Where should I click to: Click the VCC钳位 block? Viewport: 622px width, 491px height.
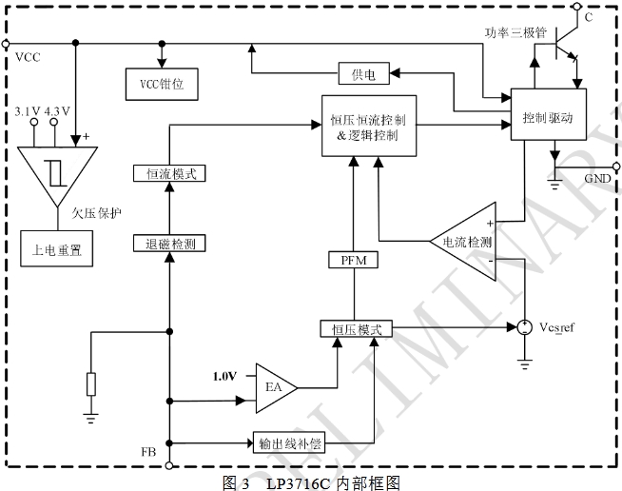pos(162,84)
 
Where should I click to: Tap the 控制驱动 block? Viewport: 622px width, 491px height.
pos(548,117)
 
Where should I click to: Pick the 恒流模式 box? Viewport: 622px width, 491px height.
pos(165,173)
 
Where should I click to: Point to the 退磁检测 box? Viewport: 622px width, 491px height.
pos(165,243)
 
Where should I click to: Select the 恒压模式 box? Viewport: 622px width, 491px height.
pos(356,328)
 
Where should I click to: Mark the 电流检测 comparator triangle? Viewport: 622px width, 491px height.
pos(466,243)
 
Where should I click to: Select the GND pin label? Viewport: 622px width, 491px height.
pos(596,178)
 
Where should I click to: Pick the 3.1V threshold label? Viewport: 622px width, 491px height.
pos(28,111)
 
